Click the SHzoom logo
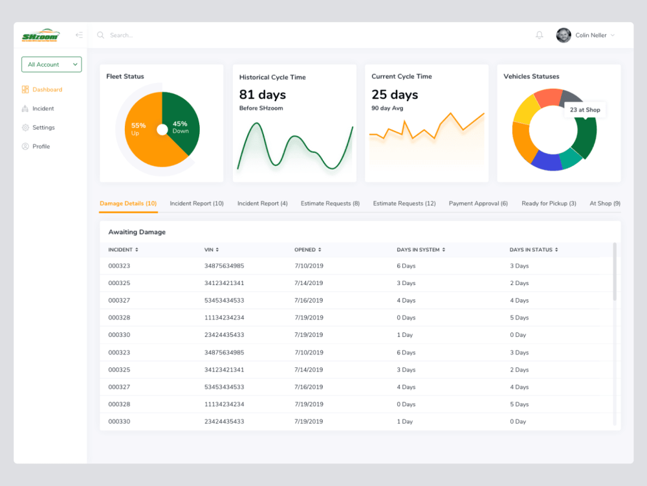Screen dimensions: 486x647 pos(40,36)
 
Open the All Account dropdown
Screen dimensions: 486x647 pos(51,65)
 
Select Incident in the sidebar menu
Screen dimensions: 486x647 pos(43,109)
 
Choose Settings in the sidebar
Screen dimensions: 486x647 pos(43,128)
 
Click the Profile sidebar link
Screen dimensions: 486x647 pos(41,146)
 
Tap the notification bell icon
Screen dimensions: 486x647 pos(540,36)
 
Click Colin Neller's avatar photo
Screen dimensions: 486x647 pos(564,36)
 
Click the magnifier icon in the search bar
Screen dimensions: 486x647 pos(100,36)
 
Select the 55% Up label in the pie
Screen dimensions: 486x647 pos(138,129)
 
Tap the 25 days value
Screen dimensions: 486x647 pos(395,95)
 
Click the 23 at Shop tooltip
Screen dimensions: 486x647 pos(584,110)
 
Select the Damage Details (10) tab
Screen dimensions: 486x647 pos(128,203)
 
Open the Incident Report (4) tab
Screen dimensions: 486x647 pos(262,203)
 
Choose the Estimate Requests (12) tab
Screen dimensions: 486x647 pos(404,203)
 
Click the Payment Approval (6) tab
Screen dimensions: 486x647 pos(478,203)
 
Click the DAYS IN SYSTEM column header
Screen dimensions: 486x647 pos(421,249)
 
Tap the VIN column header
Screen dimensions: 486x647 pos(211,249)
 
